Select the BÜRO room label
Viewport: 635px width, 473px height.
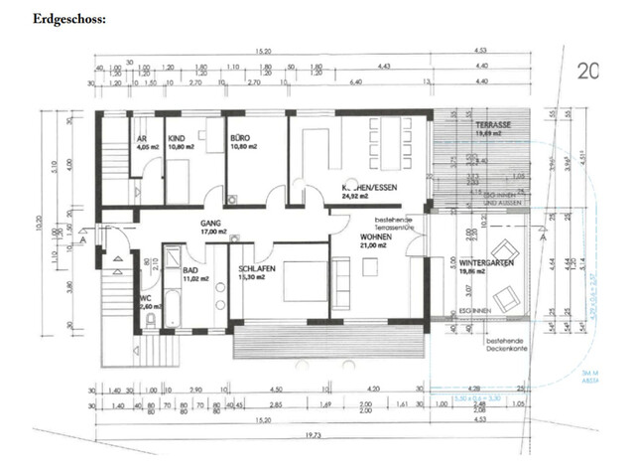[239, 138]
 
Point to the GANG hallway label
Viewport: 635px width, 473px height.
[209, 225]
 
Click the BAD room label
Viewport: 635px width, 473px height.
[192, 268]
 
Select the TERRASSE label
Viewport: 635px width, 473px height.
[491, 125]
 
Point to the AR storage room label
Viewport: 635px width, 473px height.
[140, 138]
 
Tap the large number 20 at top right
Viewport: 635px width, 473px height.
[589, 71]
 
